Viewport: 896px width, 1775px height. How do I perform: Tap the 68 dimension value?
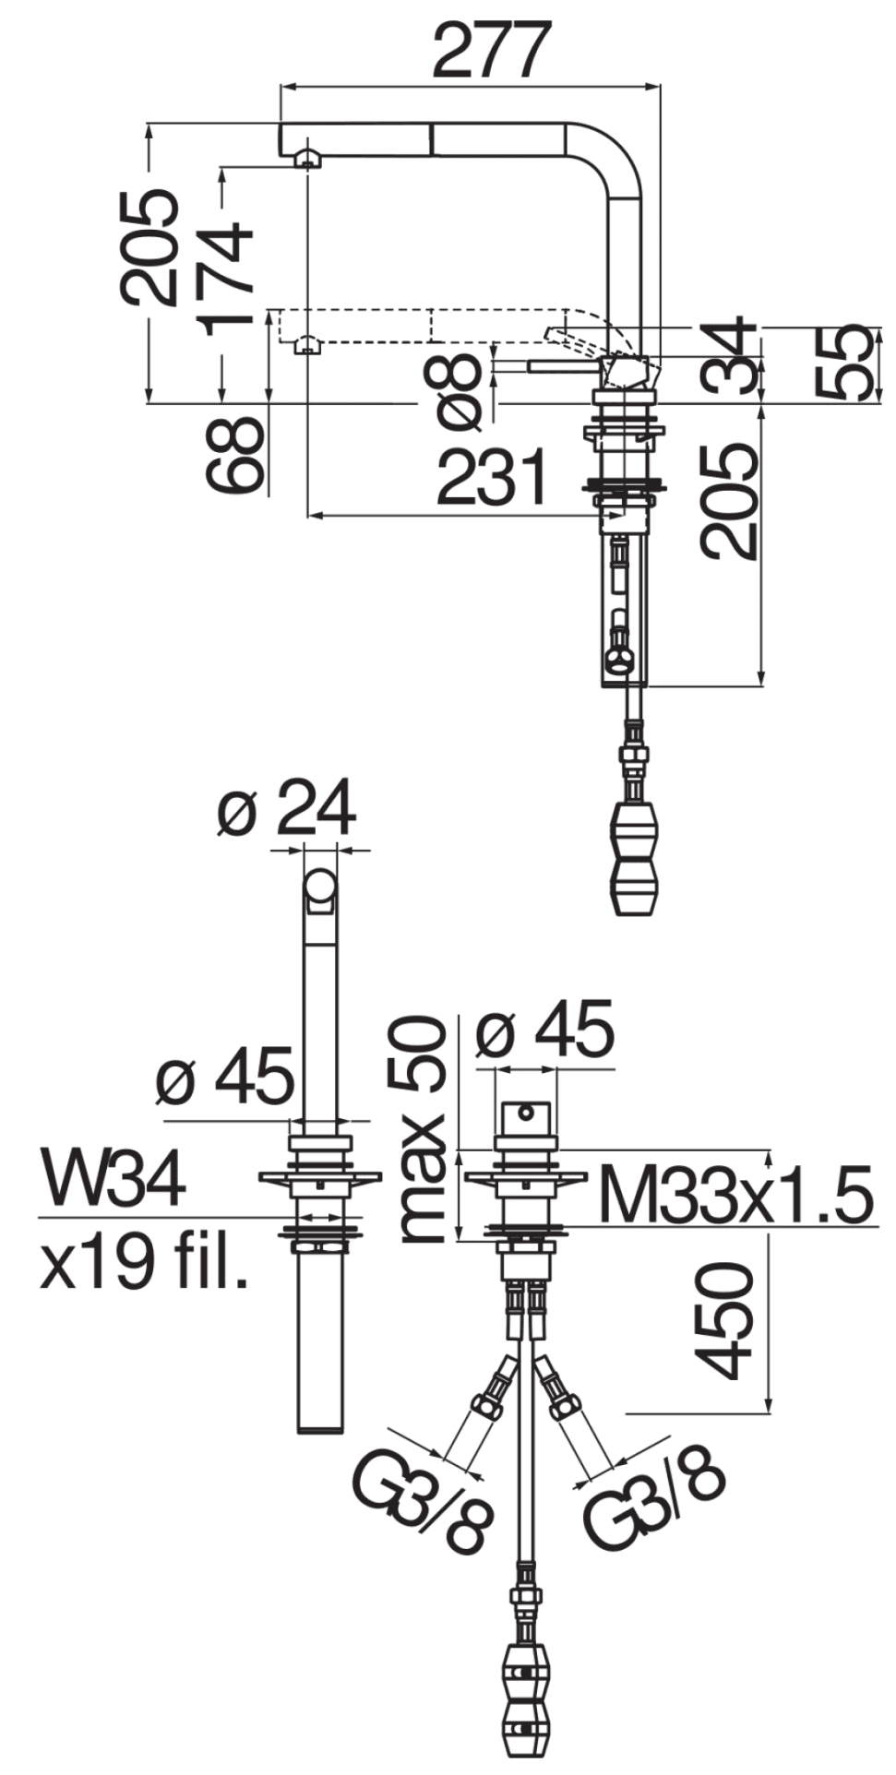click(x=234, y=455)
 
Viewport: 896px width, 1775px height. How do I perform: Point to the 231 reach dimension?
click(x=492, y=478)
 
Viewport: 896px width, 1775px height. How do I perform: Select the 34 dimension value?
click(x=729, y=358)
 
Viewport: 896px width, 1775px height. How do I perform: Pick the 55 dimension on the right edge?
click(x=842, y=362)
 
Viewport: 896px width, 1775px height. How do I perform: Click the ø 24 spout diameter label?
click(x=287, y=809)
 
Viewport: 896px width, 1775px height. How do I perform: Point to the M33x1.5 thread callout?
click(x=735, y=1195)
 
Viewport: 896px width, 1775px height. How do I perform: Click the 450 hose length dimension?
click(x=724, y=1321)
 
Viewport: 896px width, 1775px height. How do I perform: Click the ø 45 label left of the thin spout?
click(x=225, y=1076)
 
